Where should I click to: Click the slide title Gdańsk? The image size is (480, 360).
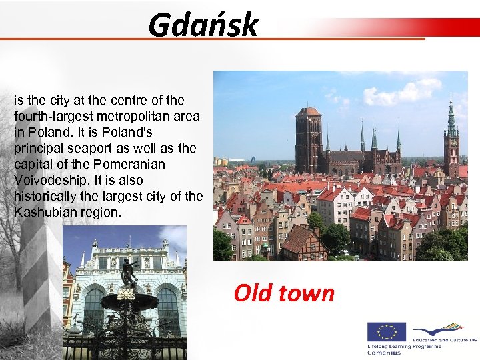tap(203, 25)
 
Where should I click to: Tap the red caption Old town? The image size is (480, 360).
tap(284, 293)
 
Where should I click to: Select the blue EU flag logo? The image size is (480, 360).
tap(387, 333)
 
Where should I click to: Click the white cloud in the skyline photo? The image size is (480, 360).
tap(400, 93)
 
